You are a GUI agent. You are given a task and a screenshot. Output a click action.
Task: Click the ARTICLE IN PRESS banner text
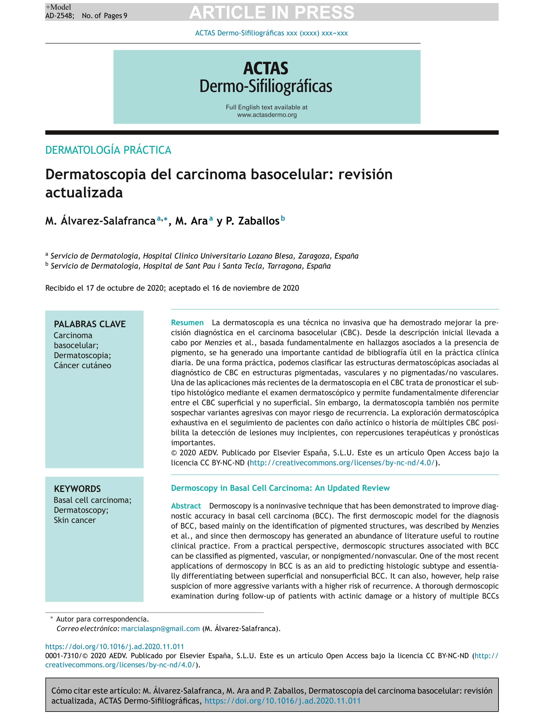click(272, 12)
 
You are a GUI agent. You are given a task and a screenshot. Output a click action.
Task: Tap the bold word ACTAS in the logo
click(266, 69)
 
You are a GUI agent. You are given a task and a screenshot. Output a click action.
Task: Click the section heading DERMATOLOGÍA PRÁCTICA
click(108, 150)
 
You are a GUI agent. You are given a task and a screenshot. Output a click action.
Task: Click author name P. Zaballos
click(252, 221)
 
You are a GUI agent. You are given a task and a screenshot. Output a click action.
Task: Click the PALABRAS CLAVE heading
click(90, 324)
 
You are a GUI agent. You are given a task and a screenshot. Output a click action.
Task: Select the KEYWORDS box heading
click(77, 489)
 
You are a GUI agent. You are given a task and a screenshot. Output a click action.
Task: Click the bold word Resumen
click(187, 323)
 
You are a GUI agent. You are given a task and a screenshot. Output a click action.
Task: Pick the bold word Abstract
click(186, 506)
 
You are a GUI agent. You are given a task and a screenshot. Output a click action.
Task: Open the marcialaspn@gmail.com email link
click(160, 629)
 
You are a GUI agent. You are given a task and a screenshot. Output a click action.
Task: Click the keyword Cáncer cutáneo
click(83, 365)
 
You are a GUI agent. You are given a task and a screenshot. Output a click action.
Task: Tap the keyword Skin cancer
click(75, 520)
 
